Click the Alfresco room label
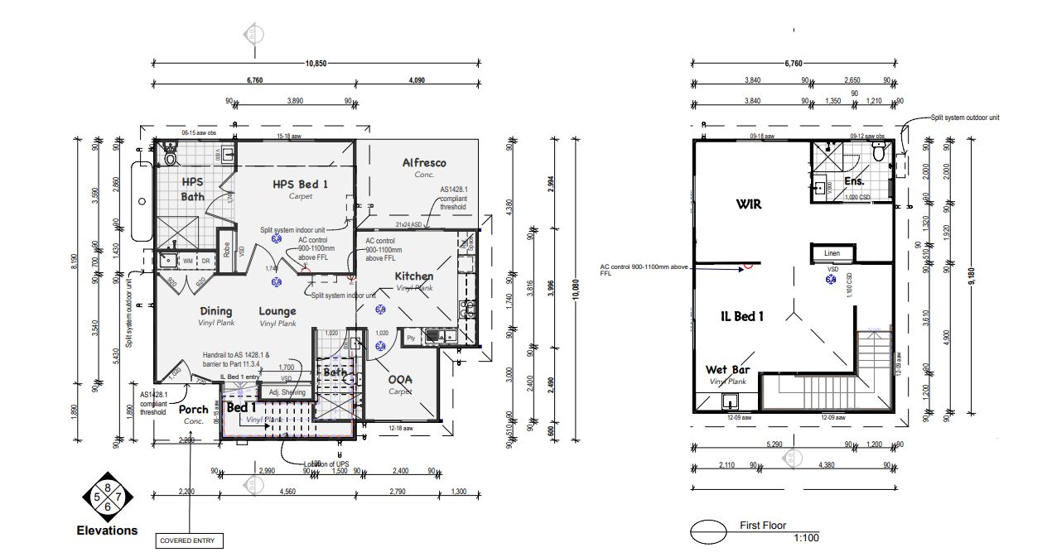click(423, 163)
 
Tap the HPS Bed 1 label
click(288, 184)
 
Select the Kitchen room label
click(413, 276)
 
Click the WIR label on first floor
click(748, 204)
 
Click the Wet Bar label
click(727, 370)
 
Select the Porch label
click(194, 410)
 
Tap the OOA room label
click(401, 380)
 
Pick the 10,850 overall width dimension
click(316, 64)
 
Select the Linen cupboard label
click(832, 253)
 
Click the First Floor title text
click(762, 526)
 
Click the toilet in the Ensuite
click(879, 151)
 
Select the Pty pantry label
click(410, 338)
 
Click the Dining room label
click(215, 312)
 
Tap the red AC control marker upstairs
click(748, 266)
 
